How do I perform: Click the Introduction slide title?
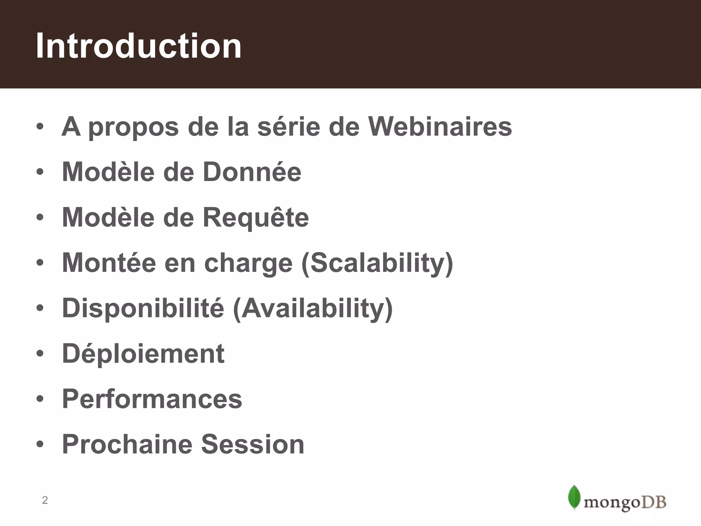click(x=139, y=46)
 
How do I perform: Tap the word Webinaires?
click(x=440, y=127)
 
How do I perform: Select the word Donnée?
click(x=252, y=172)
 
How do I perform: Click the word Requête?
click(x=256, y=218)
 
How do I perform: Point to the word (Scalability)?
click(x=377, y=263)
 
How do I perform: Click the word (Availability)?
click(x=313, y=308)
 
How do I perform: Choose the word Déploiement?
click(x=143, y=353)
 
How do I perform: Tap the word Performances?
click(x=152, y=399)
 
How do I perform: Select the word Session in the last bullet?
click(x=253, y=444)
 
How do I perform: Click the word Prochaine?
click(x=127, y=444)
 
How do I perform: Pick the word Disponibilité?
click(x=143, y=308)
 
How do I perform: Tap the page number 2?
click(x=45, y=500)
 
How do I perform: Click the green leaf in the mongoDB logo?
click(x=574, y=497)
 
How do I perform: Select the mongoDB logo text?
click(x=625, y=503)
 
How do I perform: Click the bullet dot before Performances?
click(x=40, y=399)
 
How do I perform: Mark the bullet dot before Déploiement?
click(x=40, y=353)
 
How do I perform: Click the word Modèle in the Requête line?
click(x=108, y=218)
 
